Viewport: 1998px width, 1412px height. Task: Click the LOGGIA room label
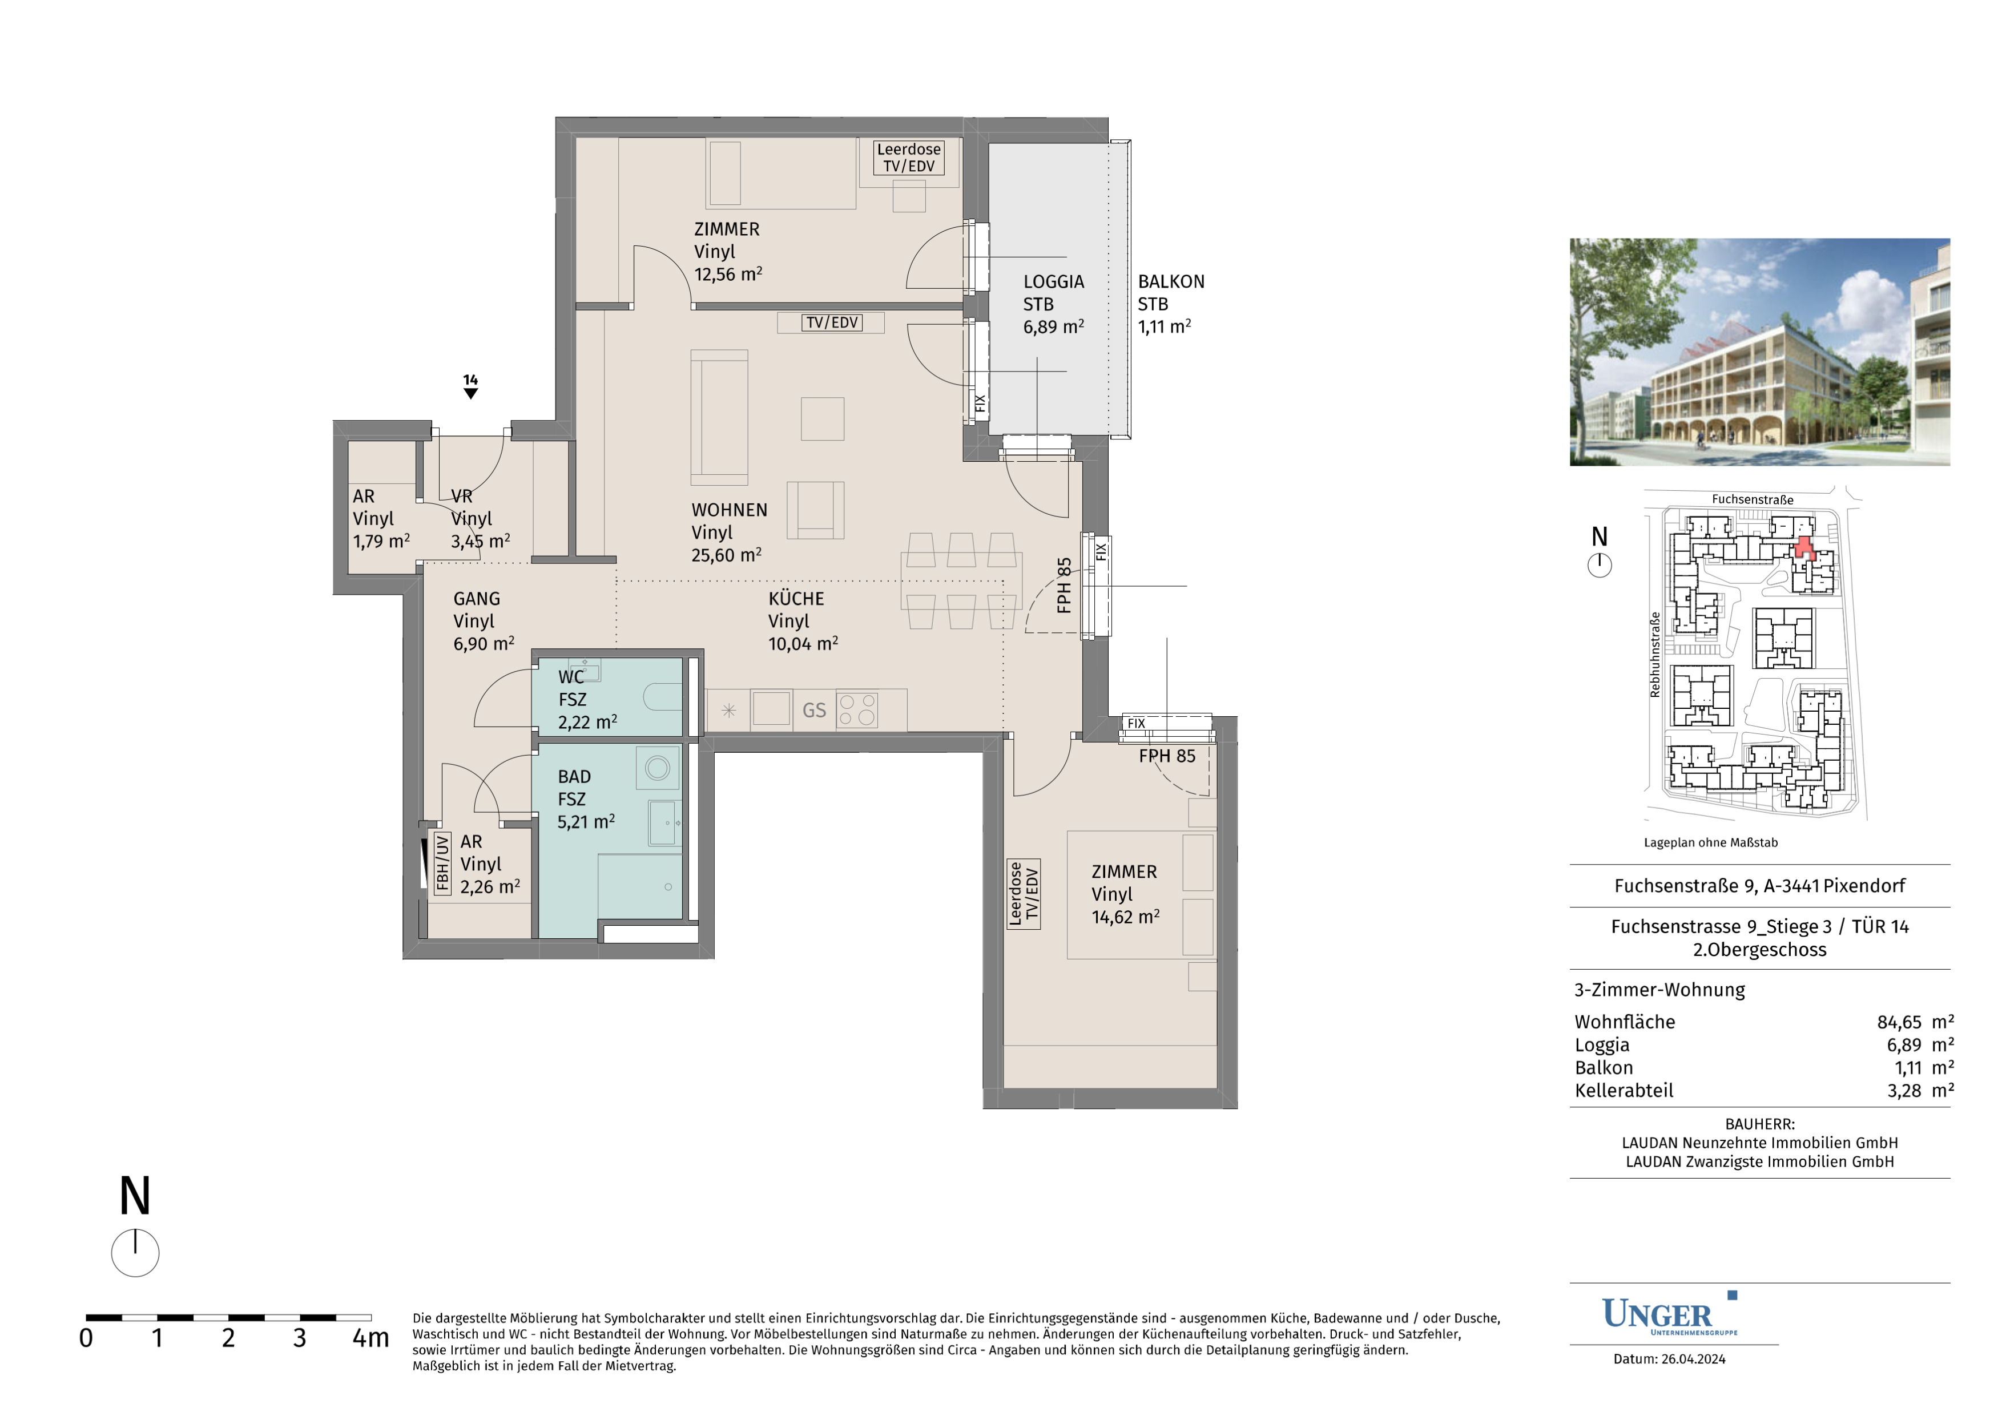[x=1053, y=282]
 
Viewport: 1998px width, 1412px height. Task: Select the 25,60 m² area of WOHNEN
[x=726, y=555]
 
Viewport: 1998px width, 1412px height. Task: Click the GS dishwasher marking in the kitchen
[x=813, y=711]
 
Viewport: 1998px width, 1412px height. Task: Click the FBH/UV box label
[x=442, y=863]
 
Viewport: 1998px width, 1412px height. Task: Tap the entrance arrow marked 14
[x=471, y=386]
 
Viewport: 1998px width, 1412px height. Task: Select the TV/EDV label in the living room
[x=832, y=323]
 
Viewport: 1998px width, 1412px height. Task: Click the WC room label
[x=571, y=677]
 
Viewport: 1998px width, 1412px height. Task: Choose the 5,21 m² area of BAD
[x=586, y=821]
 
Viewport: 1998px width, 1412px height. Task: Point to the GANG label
[x=476, y=599]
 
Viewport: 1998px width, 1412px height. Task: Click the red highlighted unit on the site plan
[x=1803, y=547]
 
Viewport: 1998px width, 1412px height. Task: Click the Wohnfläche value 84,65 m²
[x=1915, y=1022]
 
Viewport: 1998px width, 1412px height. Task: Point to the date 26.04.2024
[x=1693, y=1359]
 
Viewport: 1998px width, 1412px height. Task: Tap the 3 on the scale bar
[x=299, y=1338]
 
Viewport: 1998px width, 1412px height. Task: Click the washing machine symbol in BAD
[x=657, y=767]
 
